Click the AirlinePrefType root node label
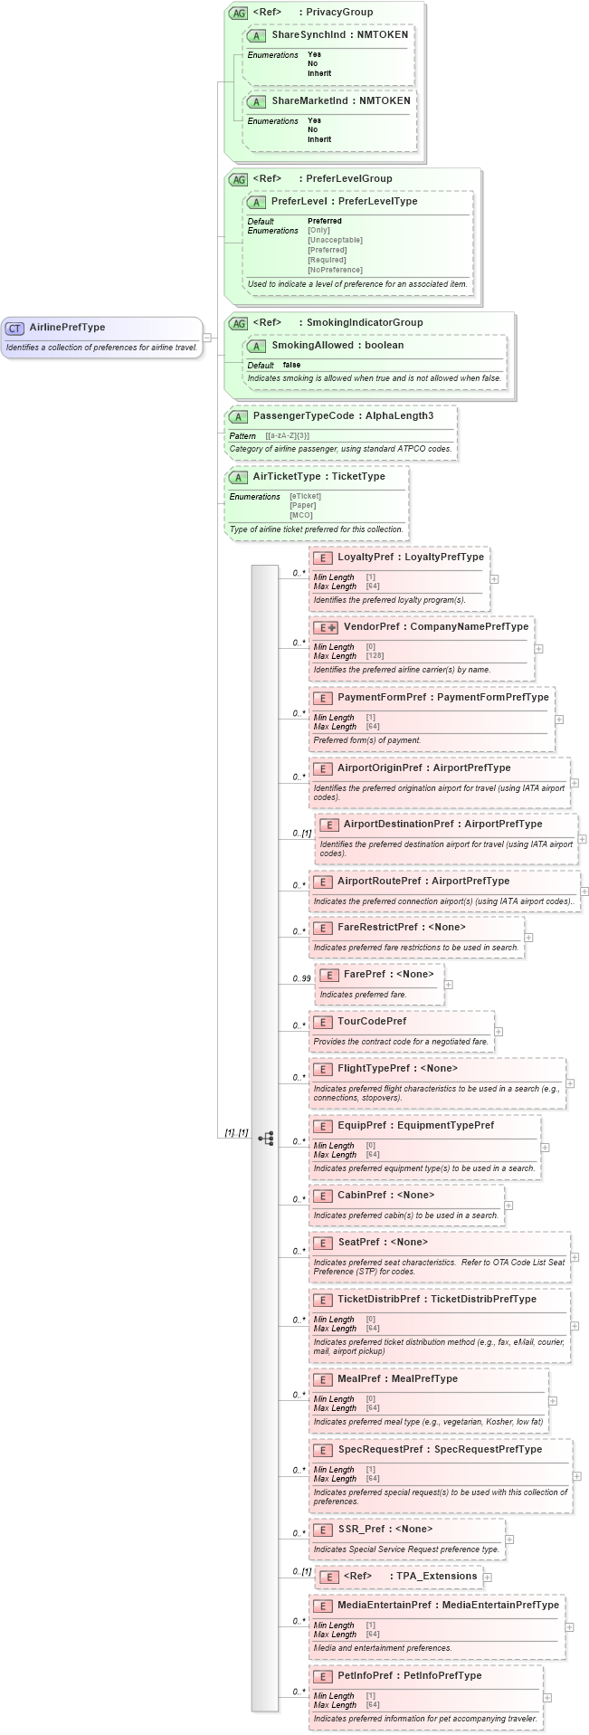point(67,328)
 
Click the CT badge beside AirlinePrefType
point(15,328)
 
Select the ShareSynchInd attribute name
point(309,34)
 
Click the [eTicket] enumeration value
point(306,496)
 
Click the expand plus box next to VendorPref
point(538,648)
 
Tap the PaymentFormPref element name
point(381,697)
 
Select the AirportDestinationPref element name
point(398,824)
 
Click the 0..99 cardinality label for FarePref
point(301,978)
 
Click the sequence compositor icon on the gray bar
point(265,1138)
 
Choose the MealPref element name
point(359,1378)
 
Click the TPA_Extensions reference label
point(436,1576)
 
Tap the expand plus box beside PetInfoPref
point(547,1697)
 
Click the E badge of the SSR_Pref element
point(322,1529)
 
